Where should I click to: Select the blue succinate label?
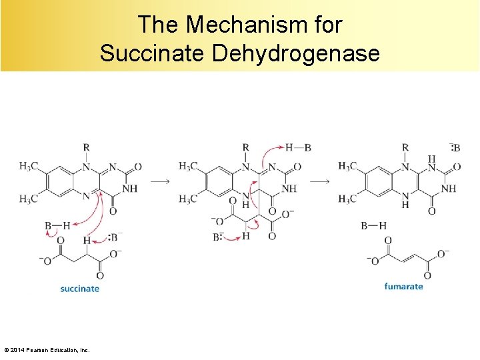click(x=79, y=289)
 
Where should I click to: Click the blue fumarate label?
click(x=403, y=287)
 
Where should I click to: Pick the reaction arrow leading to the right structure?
click(x=320, y=181)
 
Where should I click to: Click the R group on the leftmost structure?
click(x=86, y=147)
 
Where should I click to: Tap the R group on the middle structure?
click(x=246, y=147)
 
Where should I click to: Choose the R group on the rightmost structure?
click(x=405, y=147)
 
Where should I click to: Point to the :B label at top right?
click(x=455, y=147)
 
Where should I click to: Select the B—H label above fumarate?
click(x=373, y=226)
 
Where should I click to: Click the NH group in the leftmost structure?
click(x=130, y=189)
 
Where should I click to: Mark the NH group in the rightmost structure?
click(x=449, y=189)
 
